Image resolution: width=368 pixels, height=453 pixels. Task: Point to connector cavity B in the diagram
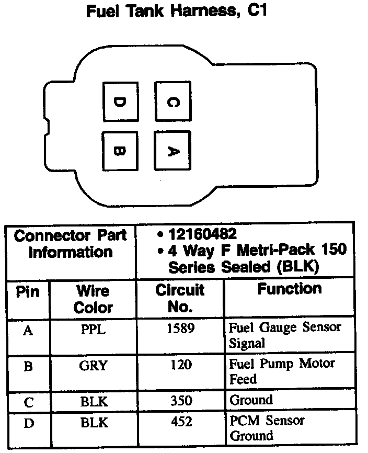[120, 151]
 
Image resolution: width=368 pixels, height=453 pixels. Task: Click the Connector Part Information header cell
[71, 244]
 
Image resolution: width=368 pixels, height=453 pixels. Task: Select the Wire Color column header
[93, 299]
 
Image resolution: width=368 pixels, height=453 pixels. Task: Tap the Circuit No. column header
[180, 298]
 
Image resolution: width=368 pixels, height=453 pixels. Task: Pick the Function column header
[289, 289]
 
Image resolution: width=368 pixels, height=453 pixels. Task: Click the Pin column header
[28, 291]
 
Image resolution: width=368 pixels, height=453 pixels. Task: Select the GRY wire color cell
[94, 366]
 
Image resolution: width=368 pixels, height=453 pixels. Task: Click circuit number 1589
[180, 329]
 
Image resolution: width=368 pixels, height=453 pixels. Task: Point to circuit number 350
[180, 400]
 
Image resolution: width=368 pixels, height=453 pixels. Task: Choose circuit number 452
[180, 421]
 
